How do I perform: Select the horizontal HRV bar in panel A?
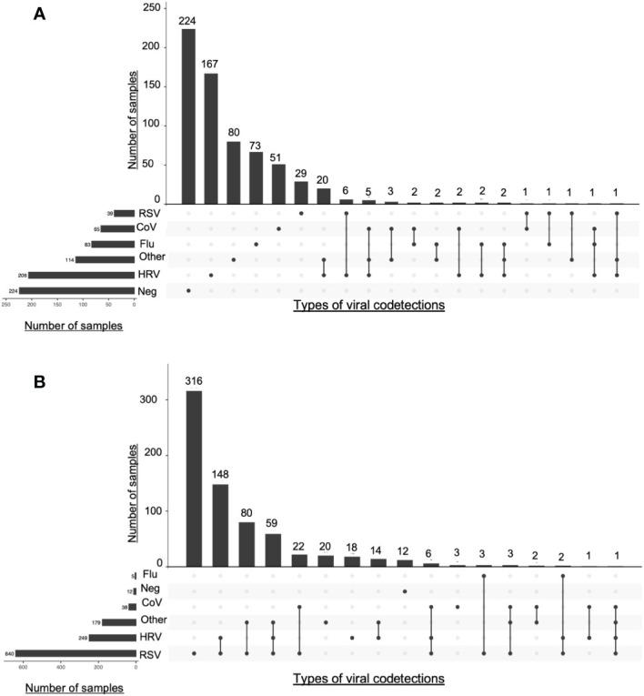tap(81, 274)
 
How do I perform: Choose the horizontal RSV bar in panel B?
tap(75, 653)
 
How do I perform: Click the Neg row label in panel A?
tap(146, 290)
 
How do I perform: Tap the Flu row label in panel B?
tap(147, 575)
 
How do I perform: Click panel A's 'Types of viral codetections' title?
tap(368, 307)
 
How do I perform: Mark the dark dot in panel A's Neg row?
tap(188, 290)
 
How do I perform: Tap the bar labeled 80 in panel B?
tap(247, 544)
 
